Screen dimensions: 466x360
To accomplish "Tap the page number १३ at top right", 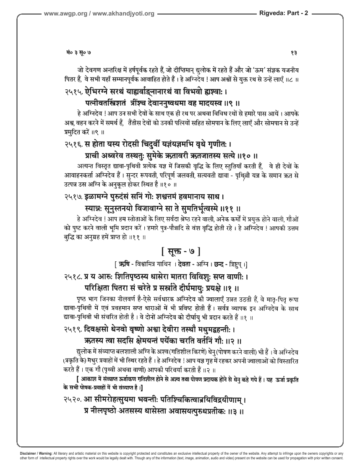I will [x=294, y=52].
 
